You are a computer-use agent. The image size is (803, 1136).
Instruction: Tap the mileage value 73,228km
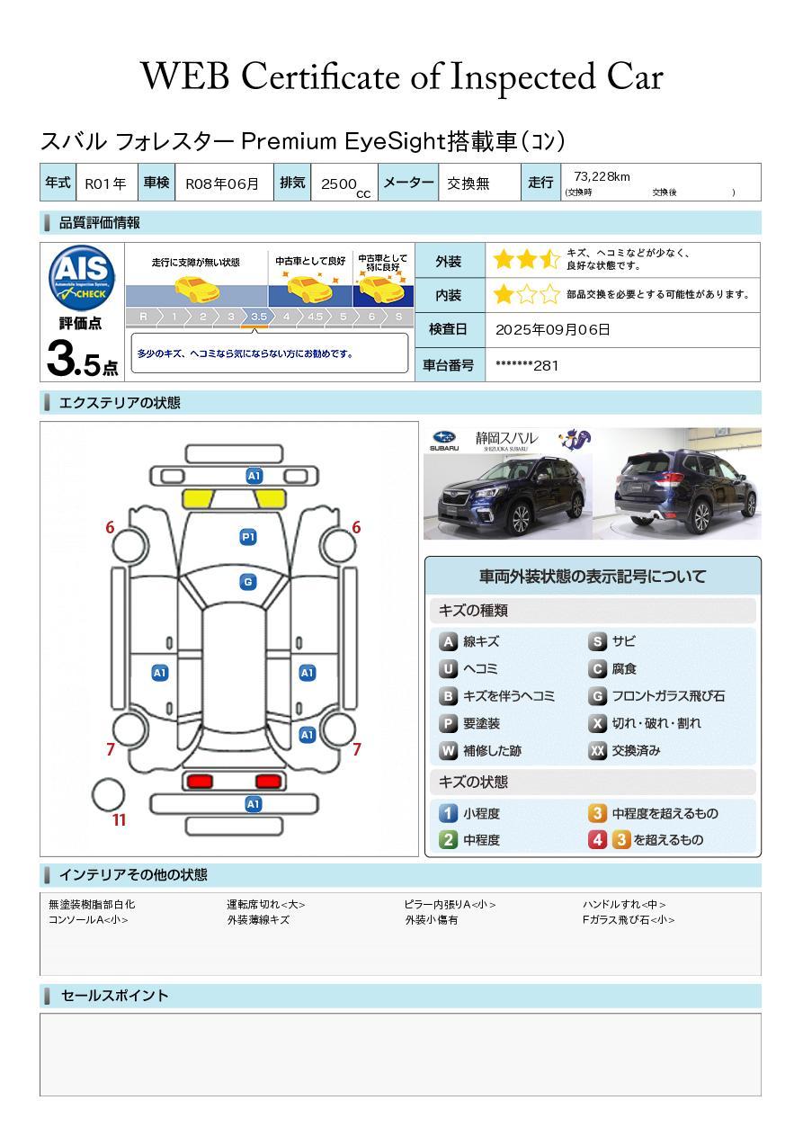tap(602, 176)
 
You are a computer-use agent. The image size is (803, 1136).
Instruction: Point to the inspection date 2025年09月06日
tap(552, 329)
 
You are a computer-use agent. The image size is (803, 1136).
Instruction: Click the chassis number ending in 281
tap(527, 365)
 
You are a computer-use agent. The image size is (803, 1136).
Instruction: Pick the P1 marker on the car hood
tap(248, 537)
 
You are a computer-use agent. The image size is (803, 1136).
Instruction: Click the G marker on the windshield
tap(248, 582)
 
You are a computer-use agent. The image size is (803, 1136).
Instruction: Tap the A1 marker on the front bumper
tap(254, 476)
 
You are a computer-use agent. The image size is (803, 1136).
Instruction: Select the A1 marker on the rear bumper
tap(253, 804)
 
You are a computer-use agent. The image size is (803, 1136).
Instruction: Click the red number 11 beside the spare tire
tap(119, 820)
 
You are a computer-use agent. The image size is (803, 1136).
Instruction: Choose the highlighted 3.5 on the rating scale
tap(259, 317)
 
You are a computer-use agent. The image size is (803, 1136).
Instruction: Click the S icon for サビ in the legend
tap(597, 642)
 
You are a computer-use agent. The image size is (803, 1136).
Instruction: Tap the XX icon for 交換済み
tap(597, 751)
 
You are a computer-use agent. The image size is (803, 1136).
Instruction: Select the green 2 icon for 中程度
tap(448, 840)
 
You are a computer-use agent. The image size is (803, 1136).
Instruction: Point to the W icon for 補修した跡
tap(448, 751)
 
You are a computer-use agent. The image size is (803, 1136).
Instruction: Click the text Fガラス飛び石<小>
tap(628, 920)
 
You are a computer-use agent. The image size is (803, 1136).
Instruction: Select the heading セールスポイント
tap(114, 996)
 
